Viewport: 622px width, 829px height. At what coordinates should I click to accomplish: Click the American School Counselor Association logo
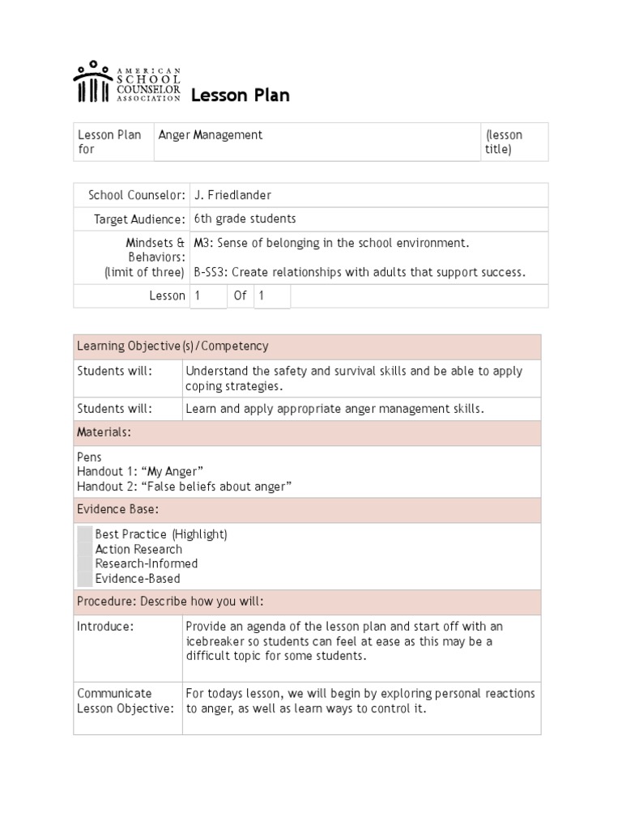(126, 83)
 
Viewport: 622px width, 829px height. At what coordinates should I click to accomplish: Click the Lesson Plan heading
(240, 96)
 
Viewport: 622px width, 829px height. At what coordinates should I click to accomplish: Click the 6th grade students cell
(245, 219)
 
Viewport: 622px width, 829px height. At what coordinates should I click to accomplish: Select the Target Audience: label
(139, 219)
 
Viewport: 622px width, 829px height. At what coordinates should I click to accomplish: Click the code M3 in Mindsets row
(202, 243)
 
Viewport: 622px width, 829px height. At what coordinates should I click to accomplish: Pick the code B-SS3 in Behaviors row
(211, 272)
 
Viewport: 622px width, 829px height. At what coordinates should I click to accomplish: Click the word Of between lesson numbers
(240, 295)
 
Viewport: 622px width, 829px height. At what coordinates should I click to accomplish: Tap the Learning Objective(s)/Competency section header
(173, 346)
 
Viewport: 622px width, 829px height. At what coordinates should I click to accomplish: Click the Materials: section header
(104, 432)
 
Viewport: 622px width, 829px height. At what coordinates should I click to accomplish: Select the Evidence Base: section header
(117, 509)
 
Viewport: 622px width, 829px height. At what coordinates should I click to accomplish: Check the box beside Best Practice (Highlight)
(85, 534)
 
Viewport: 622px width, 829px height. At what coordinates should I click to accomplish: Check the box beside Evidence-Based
(85, 578)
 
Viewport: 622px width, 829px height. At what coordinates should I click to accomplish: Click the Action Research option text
(138, 549)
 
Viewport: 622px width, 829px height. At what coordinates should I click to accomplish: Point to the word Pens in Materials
(89, 457)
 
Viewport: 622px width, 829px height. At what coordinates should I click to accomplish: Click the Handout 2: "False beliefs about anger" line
(184, 487)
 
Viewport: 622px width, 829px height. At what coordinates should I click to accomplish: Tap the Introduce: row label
(105, 627)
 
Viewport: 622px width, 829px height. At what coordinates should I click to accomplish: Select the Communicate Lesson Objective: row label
(125, 701)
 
